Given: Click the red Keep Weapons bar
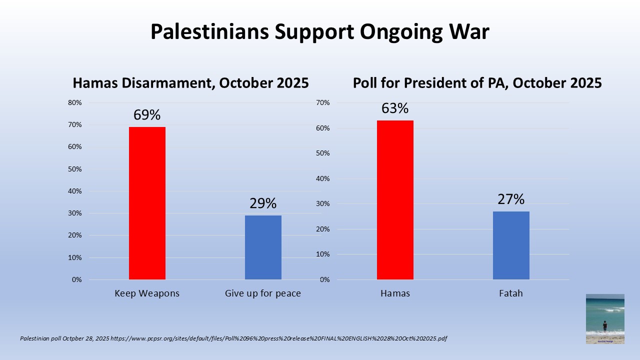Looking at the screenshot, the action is pos(147,203).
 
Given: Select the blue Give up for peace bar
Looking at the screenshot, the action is pos(263,247).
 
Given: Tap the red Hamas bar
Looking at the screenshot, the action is pos(395,200).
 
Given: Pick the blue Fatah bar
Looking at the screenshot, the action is pos(511,245).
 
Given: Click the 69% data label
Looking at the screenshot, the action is pos(147,115).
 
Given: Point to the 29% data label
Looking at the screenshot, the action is pos(263,203).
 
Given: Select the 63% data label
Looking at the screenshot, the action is pos(395,108).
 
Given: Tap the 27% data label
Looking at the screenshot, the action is pos(511,199).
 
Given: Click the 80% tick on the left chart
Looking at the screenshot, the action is pos(75,102).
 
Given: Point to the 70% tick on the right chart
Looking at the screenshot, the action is pos(323,102).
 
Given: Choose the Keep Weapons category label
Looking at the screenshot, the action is pos(147,293).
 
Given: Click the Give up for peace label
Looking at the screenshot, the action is pos(263,293).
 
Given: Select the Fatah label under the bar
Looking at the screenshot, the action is pos(511,293).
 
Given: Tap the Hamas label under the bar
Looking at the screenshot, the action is pos(395,293).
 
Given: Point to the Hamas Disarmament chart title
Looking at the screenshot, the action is pos(191,83).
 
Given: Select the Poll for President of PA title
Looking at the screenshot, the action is pos(477,83).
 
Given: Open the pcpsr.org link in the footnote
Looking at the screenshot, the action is pos(279,338).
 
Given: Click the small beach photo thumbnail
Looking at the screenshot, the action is pos(605,319).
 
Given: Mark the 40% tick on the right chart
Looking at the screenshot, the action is pos(323,178).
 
